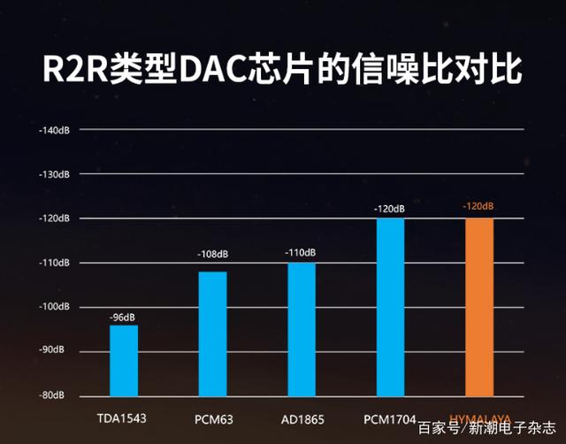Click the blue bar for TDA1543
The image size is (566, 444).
pos(124,360)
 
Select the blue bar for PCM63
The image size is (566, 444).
pos(212,333)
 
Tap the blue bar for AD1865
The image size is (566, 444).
pos(301,329)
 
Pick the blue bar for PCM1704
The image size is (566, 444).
pos(390,307)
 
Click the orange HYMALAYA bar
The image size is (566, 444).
pos(479,307)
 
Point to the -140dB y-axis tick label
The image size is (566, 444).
pos(55,130)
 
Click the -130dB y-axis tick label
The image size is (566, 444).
pos(55,174)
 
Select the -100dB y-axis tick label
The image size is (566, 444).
pos(55,307)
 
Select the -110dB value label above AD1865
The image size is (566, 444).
pos(301,253)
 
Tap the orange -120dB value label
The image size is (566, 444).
pos(478,207)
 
